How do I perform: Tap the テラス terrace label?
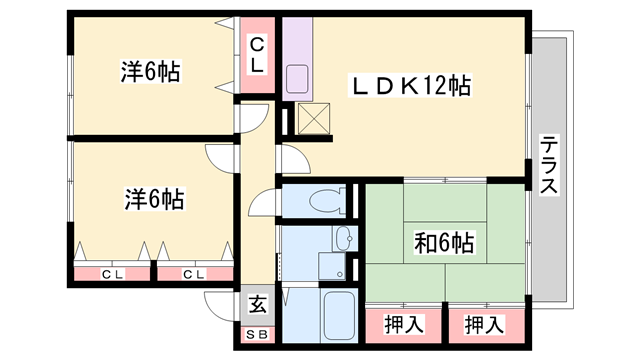pyautogui.click(x=549, y=164)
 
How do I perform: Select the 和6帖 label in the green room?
pyautogui.click(x=444, y=242)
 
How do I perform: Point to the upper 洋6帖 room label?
pyautogui.click(x=150, y=72)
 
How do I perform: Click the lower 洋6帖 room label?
pyautogui.click(x=154, y=196)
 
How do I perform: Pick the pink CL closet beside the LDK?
pyautogui.click(x=257, y=55)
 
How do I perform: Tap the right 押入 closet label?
pyautogui.click(x=482, y=324)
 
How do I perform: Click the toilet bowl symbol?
pyautogui.click(x=322, y=201)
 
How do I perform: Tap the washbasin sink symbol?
pyautogui.click(x=342, y=239)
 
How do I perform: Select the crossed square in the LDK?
pyautogui.click(x=314, y=120)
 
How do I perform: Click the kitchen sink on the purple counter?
pyautogui.click(x=298, y=79)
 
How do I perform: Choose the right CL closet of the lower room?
pyautogui.click(x=193, y=272)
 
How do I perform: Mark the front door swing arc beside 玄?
pyautogui.click(x=219, y=304)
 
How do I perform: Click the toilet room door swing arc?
pyautogui.click(x=261, y=204)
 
